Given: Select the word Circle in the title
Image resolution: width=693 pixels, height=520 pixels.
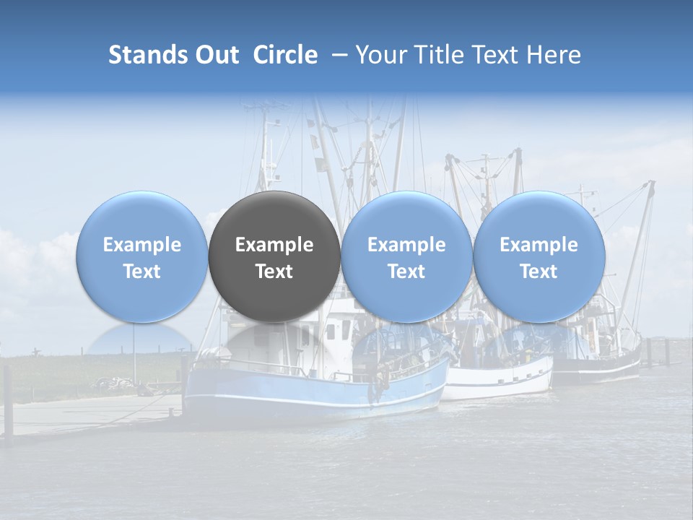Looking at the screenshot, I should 285,55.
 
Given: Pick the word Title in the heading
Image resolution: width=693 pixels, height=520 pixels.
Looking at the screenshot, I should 441,55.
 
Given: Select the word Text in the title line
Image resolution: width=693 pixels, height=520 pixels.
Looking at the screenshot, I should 497,55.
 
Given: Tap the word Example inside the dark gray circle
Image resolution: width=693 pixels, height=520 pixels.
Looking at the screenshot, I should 274,245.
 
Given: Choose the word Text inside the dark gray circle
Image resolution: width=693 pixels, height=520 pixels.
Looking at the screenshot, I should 274,272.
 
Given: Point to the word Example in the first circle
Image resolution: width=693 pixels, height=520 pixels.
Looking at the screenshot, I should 141,245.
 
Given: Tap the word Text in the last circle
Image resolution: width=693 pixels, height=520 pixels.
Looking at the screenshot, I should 539,272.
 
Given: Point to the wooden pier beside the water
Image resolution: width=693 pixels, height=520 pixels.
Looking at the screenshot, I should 87,415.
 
